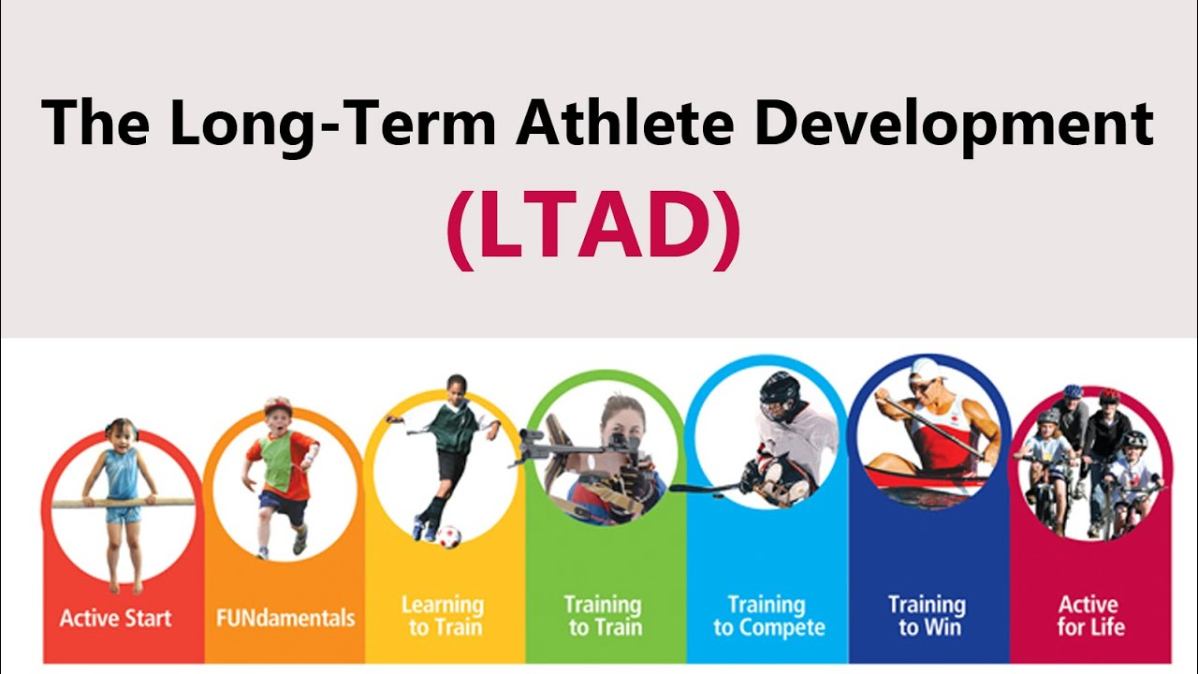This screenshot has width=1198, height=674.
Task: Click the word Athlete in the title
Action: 624,123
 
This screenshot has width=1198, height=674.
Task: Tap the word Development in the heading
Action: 954,126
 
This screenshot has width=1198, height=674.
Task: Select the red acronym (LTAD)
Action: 593,229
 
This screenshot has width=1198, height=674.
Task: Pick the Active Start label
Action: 115,618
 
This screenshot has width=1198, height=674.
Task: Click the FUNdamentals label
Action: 285,618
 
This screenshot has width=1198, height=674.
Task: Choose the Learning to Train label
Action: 444,616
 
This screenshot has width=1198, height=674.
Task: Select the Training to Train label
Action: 605,616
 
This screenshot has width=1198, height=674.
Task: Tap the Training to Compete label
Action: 768,616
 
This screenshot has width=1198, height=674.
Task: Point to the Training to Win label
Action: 928,616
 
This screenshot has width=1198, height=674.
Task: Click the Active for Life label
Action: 1090,616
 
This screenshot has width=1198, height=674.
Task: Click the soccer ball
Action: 448,536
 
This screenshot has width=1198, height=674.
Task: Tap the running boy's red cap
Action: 278,405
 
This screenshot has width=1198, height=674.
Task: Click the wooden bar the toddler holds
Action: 123,503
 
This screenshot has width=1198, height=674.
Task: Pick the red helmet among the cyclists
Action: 1109,397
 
